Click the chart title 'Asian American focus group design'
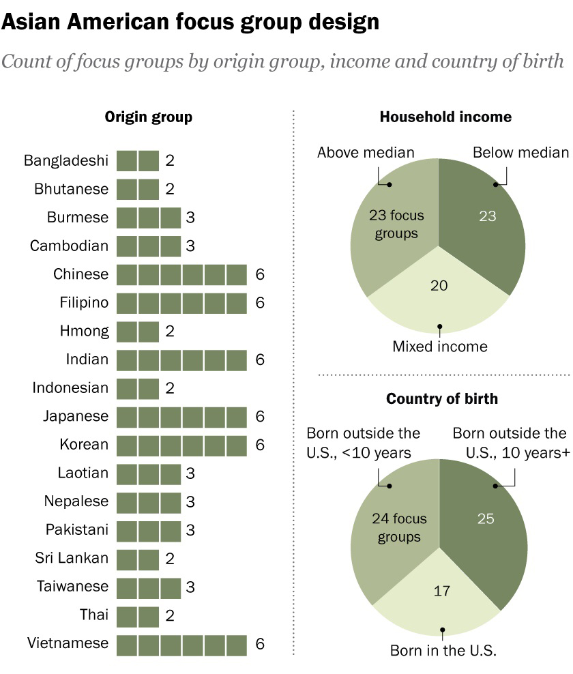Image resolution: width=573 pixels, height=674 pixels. [190, 22]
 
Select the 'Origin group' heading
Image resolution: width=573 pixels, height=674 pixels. [148, 117]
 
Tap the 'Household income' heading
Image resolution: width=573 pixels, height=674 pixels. [445, 117]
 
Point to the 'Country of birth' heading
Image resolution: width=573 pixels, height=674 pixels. [442, 398]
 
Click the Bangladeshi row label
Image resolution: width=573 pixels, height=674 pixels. [66, 161]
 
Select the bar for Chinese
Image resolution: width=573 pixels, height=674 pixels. [181, 274]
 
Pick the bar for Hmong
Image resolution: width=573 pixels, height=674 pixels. [138, 332]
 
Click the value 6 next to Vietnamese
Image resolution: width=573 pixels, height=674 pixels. [259, 643]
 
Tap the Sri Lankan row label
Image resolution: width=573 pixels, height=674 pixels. [72, 558]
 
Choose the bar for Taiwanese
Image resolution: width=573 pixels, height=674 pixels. [149, 587]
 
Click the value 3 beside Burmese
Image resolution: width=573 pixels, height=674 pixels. [190, 218]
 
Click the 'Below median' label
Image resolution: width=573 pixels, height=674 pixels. [520, 152]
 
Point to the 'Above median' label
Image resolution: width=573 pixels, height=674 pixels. [366, 152]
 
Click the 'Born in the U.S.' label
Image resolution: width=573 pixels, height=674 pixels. [443, 650]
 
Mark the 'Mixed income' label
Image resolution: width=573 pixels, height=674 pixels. [440, 347]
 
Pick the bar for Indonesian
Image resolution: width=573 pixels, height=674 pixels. [138, 388]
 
